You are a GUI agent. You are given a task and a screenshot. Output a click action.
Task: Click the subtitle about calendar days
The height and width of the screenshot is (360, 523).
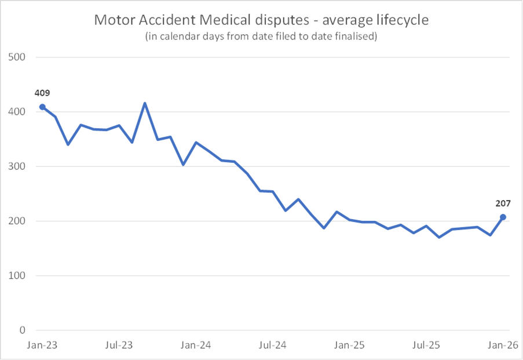(262, 37)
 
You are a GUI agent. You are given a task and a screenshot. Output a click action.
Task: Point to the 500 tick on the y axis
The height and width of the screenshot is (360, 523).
(17, 57)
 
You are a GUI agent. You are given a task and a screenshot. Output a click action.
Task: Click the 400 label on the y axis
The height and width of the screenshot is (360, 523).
(17, 112)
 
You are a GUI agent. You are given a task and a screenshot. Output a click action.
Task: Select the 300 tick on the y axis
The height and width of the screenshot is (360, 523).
(17, 166)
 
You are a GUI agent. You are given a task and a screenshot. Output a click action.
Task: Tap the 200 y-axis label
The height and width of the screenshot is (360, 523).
(17, 221)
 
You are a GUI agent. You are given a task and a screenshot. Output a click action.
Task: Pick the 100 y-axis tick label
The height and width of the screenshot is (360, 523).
(17, 276)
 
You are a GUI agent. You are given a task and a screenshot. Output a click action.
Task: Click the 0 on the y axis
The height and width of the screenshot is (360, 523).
(23, 330)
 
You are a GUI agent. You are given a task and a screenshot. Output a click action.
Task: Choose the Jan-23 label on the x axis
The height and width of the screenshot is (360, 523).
(42, 346)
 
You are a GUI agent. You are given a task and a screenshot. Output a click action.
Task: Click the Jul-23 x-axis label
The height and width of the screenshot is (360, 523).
(119, 346)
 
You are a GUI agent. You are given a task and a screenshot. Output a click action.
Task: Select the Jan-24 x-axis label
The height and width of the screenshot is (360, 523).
(196, 346)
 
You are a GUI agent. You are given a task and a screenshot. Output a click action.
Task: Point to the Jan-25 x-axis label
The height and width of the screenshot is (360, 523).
(349, 346)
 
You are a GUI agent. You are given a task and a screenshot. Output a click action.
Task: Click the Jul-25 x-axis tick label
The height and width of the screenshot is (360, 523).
(426, 346)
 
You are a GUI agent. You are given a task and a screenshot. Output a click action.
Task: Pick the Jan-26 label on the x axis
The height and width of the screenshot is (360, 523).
(502, 346)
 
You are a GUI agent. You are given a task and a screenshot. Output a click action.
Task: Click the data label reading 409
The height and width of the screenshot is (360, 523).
(42, 92)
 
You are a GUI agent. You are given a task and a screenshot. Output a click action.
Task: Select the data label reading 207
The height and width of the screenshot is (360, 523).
(502, 203)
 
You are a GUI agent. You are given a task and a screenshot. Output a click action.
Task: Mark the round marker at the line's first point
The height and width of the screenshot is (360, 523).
(42, 107)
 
